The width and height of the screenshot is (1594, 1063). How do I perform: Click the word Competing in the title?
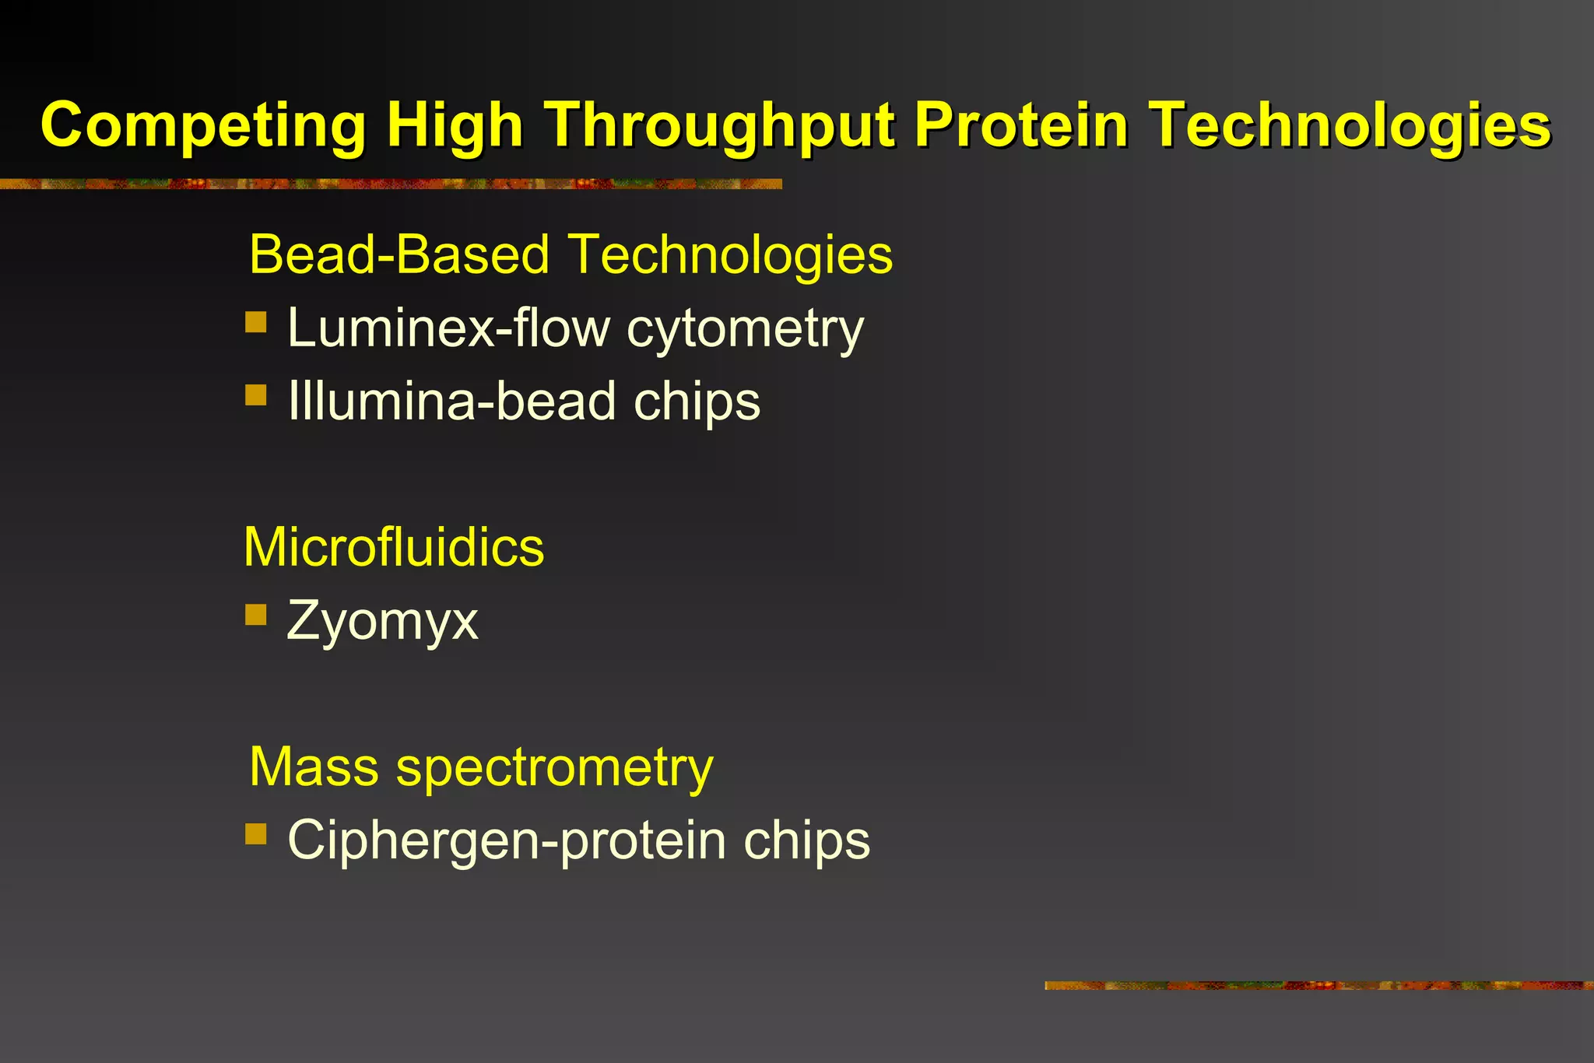tap(203, 126)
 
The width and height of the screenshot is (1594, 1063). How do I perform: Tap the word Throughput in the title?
tap(720, 126)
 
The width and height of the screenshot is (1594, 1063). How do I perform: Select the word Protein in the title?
tap(1020, 125)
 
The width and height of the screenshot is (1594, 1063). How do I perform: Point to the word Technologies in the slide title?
tap(1351, 126)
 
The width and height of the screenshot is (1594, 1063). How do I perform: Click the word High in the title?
tap(455, 126)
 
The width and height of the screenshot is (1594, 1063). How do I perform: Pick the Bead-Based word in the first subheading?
tap(399, 254)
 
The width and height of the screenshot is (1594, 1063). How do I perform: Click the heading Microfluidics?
tap(394, 547)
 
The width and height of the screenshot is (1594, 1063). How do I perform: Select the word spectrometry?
tap(554, 768)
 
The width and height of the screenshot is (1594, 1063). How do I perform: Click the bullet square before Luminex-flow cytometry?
tap(255, 321)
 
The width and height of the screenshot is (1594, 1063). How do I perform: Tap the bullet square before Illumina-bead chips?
tap(255, 395)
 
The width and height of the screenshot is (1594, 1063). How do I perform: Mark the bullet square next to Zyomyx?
tap(255, 615)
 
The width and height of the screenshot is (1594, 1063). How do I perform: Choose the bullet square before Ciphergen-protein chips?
tap(255, 834)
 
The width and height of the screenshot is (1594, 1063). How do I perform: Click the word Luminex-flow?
tap(448, 327)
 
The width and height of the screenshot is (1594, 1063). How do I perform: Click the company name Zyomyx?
tap(382, 622)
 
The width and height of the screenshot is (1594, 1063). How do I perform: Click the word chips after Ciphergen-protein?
tap(806, 841)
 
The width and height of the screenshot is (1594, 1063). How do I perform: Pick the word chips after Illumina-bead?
tap(697, 402)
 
